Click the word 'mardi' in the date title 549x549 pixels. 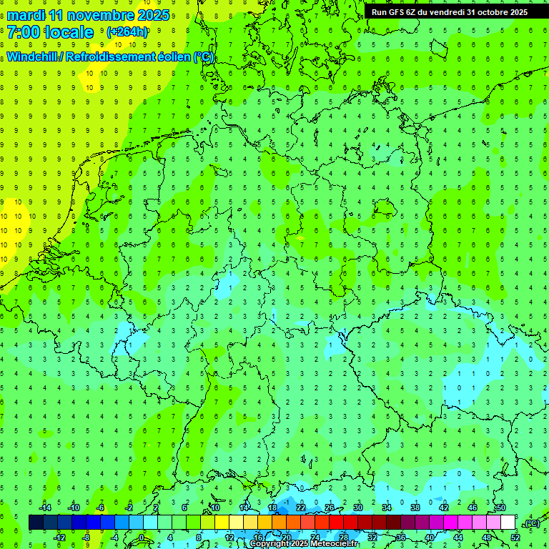(26, 14)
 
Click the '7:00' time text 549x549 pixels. (24, 32)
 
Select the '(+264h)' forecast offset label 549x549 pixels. (127, 32)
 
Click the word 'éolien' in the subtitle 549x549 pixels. (177, 57)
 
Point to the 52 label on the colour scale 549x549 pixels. (515, 537)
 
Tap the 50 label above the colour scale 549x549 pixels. (501, 508)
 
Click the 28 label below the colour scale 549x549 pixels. (344, 537)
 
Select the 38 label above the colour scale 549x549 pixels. (415, 508)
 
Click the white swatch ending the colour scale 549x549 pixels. (508, 523)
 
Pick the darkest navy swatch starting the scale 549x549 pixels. (36, 523)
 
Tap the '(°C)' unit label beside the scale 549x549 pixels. (531, 523)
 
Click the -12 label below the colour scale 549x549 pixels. (61, 537)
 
